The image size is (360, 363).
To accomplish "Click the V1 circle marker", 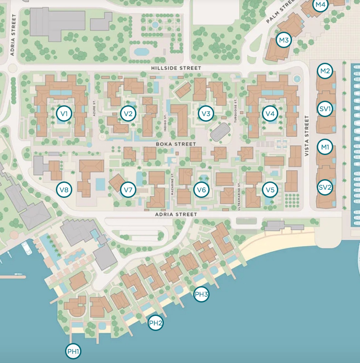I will (64, 114).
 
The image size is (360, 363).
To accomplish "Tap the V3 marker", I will (206, 114).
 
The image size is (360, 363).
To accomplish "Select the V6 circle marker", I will (201, 190).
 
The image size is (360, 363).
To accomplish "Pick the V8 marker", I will (64, 190).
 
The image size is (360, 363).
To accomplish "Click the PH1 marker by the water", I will (73, 352).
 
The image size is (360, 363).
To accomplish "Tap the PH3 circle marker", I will (201, 294).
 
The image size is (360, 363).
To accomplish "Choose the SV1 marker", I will (325, 109).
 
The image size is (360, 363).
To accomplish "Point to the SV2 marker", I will (325, 187).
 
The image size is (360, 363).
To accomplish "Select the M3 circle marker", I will (283, 40).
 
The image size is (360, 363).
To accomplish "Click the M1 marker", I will (325, 147).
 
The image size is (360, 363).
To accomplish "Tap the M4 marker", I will (320, 5).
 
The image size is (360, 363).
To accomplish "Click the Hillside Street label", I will (176, 68).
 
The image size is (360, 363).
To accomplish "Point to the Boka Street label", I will (176, 144).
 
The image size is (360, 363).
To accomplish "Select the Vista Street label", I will (306, 136).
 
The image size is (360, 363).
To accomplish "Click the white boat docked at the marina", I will (26, 248).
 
